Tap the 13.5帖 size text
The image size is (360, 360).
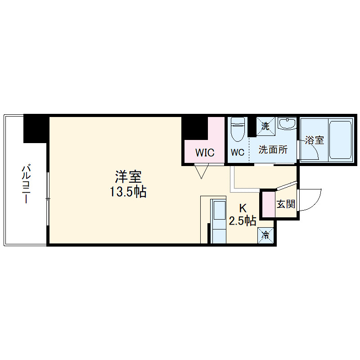click(x=128, y=192)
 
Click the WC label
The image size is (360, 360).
click(x=238, y=153)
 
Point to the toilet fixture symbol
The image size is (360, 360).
click(x=237, y=129)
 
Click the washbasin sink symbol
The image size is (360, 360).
click(x=286, y=124)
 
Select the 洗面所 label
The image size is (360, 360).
click(x=273, y=150)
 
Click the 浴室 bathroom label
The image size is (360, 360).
click(x=315, y=140)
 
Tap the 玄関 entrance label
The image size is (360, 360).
click(x=286, y=204)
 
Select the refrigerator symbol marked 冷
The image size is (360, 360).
click(x=266, y=234)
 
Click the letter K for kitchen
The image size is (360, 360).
click(x=243, y=208)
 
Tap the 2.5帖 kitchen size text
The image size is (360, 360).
click(x=243, y=221)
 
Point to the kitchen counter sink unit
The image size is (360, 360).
click(x=220, y=221)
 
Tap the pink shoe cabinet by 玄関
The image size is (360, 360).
click(x=269, y=204)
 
